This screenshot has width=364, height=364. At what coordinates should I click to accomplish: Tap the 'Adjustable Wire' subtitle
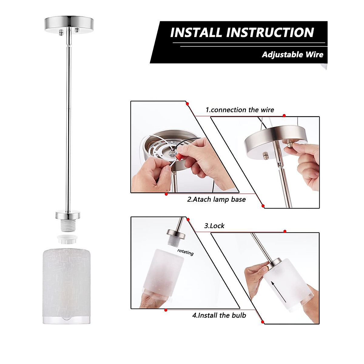pyautogui.click(x=292, y=55)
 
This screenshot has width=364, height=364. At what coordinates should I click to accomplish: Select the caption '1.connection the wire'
pyautogui.click(x=240, y=110)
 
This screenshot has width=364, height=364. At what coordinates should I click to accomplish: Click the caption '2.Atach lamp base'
pyautogui.click(x=217, y=199)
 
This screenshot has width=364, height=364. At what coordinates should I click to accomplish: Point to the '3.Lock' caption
pyautogui.click(x=214, y=226)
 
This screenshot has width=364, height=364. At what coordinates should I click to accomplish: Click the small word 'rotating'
pyautogui.click(x=185, y=252)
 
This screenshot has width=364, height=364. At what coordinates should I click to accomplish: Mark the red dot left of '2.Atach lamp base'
pyautogui.click(x=166, y=194)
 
